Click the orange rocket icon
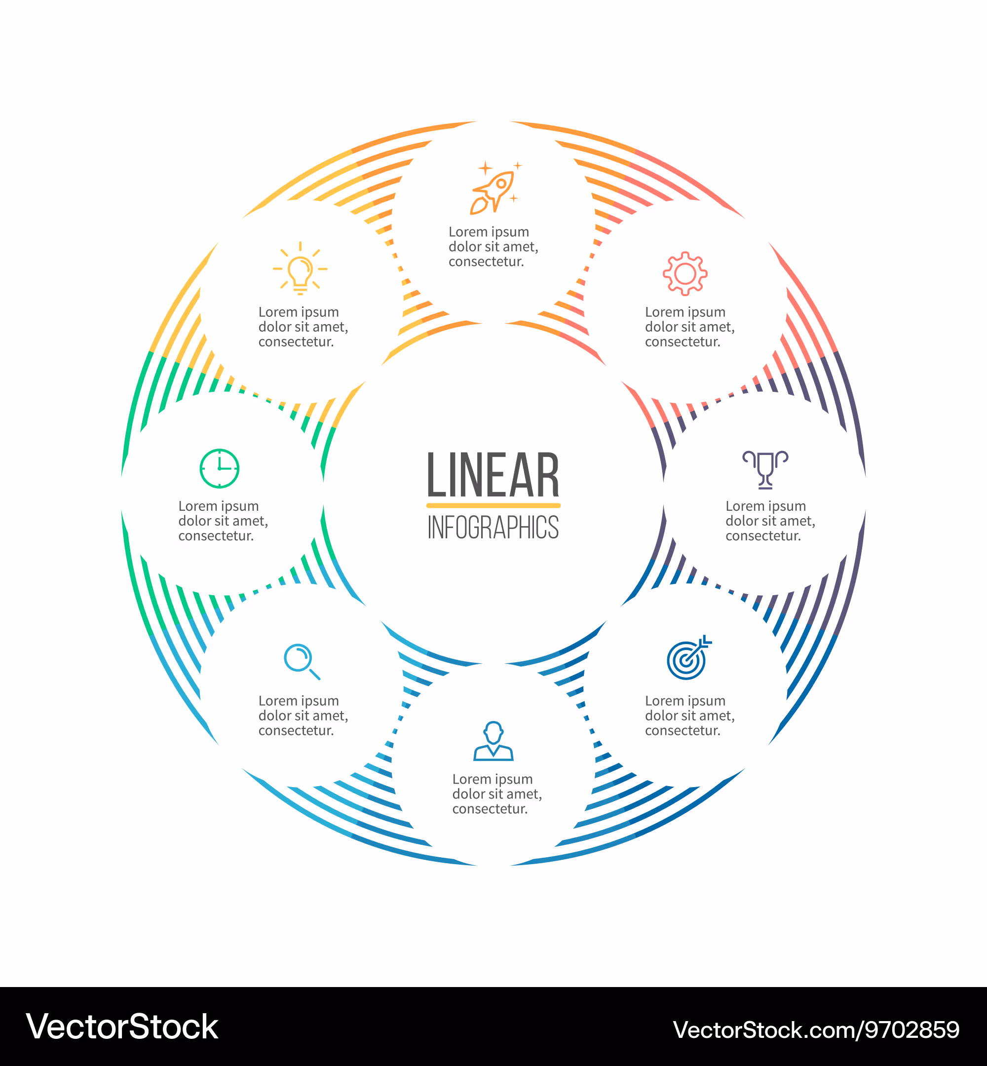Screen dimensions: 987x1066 495,188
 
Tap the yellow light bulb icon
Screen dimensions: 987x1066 300,268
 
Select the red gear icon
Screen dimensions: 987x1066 685,273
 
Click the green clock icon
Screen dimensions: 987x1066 220,468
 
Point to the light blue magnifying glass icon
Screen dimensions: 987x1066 302,662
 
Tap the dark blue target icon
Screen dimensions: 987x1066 689,657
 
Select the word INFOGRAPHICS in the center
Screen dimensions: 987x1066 493,527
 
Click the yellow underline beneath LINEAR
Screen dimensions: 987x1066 493,505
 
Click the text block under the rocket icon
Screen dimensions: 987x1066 493,246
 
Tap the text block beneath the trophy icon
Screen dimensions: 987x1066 770,521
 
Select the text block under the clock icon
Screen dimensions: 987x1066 223,521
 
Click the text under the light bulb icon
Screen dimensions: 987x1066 304,326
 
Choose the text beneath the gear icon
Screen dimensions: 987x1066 690,326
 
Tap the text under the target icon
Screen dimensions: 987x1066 690,715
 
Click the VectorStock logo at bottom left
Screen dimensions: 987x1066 122,1027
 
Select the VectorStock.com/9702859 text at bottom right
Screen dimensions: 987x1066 816,1029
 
